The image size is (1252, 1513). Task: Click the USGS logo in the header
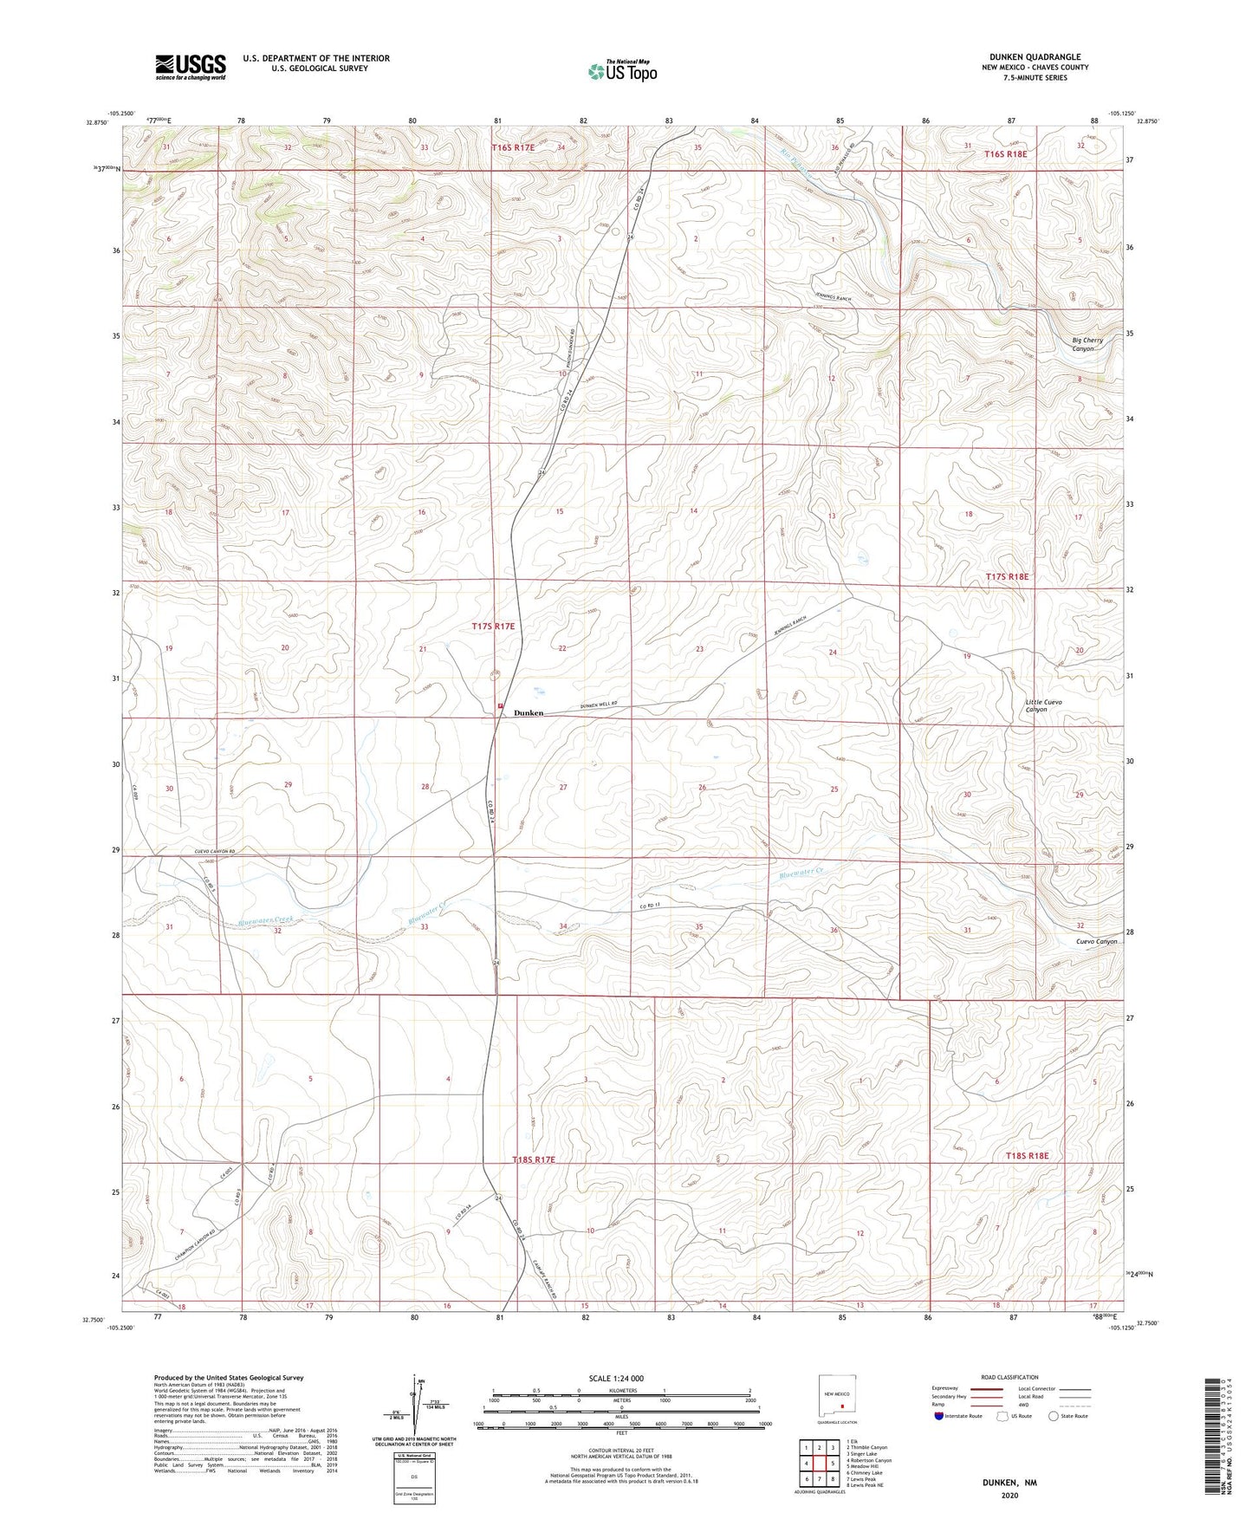pyautogui.click(x=191, y=67)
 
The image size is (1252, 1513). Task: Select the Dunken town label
pyautogui.click(x=529, y=713)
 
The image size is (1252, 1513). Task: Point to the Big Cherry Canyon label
pyautogui.click(x=1087, y=344)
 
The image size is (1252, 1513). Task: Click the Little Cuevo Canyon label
pyautogui.click(x=1043, y=705)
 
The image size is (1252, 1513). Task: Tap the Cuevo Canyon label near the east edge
pyautogui.click(x=1096, y=941)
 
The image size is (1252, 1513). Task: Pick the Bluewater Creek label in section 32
pyautogui.click(x=266, y=921)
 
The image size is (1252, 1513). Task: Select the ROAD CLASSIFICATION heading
pyautogui.click(x=1010, y=1377)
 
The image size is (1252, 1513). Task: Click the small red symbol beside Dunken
pyautogui.click(x=501, y=706)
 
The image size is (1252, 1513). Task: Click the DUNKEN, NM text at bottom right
pyautogui.click(x=1009, y=1483)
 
